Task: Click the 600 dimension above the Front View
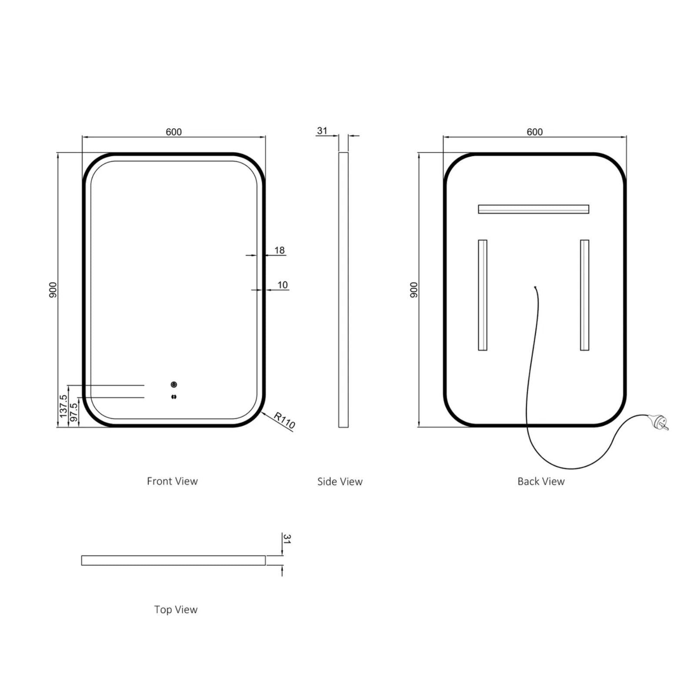174,132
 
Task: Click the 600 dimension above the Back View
535,132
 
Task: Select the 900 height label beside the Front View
53,290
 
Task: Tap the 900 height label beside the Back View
414,290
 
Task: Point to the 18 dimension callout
279,250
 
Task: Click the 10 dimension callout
282,285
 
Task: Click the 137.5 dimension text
63,406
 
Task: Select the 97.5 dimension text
74,412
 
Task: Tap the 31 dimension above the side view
322,130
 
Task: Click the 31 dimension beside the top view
287,539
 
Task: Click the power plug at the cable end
659,422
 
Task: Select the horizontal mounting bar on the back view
533,209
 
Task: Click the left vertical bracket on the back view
482,295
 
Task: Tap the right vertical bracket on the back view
584,295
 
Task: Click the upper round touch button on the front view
174,385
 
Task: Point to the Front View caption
172,481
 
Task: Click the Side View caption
340,482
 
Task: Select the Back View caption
541,482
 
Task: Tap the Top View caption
176,609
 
